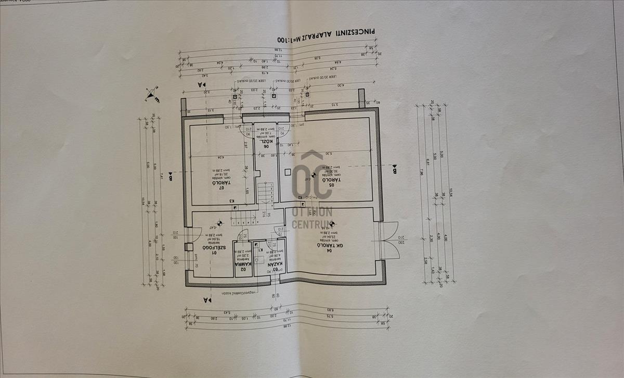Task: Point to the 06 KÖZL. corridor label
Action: point(266,144)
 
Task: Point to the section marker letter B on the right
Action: point(395,170)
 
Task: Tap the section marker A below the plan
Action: point(206,300)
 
